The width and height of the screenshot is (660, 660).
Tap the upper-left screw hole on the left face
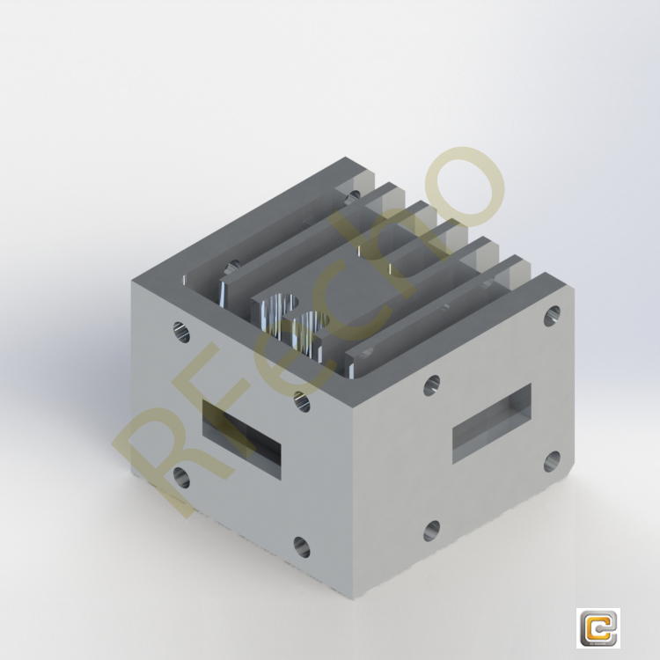(x=180, y=332)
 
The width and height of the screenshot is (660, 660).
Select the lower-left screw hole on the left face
(x=181, y=478)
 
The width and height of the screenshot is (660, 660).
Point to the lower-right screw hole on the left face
(x=301, y=546)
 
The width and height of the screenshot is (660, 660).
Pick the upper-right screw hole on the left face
(x=301, y=401)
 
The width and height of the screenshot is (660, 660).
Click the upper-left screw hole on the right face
(x=431, y=385)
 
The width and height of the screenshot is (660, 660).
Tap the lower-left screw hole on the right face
(x=431, y=530)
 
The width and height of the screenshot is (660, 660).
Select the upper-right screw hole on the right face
(x=552, y=314)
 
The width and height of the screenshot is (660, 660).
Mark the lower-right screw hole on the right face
(x=552, y=459)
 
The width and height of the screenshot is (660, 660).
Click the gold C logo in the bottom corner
(x=598, y=628)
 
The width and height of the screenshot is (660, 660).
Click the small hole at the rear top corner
(x=354, y=194)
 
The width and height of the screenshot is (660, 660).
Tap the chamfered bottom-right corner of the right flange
(x=563, y=480)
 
